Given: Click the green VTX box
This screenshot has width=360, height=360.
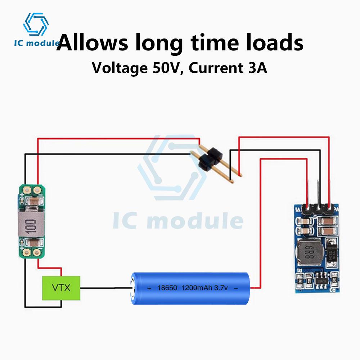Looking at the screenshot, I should coord(61,288).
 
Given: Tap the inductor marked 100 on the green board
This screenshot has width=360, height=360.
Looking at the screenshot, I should coord(31,224).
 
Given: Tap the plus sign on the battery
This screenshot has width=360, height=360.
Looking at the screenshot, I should coord(149,288).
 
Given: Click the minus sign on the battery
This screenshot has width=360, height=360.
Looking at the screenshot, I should coord(236,288).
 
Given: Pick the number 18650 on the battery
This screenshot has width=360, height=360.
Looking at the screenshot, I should coord(168,288).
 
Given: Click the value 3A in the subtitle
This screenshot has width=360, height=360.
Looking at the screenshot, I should coord(257,68).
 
